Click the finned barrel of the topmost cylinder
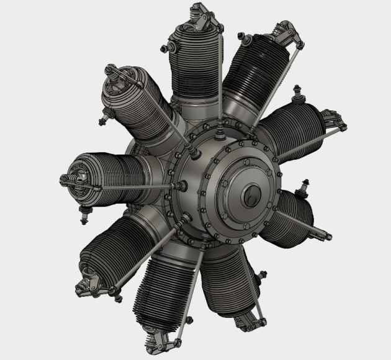pos(197,62)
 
